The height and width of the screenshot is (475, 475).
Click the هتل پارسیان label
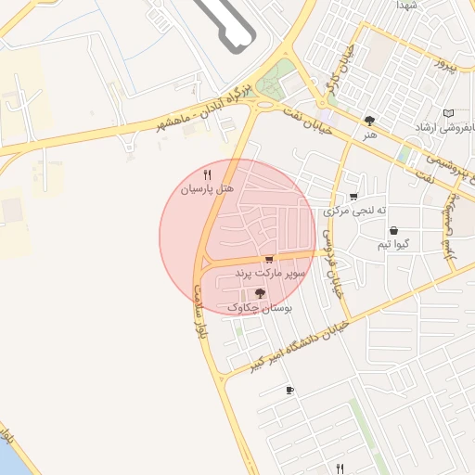pos(206,188)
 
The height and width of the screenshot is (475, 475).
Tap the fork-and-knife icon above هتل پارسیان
pos(207,174)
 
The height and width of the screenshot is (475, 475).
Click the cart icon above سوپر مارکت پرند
pos(269,260)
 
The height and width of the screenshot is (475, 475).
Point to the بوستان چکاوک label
pos(259,307)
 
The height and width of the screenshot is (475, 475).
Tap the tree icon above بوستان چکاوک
pos(259,293)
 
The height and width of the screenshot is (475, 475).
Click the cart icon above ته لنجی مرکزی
pos(353,197)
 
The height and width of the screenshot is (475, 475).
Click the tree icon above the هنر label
pos(370,121)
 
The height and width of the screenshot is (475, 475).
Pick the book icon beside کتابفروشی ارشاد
pos(449,113)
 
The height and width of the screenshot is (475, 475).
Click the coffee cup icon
pos(290,390)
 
